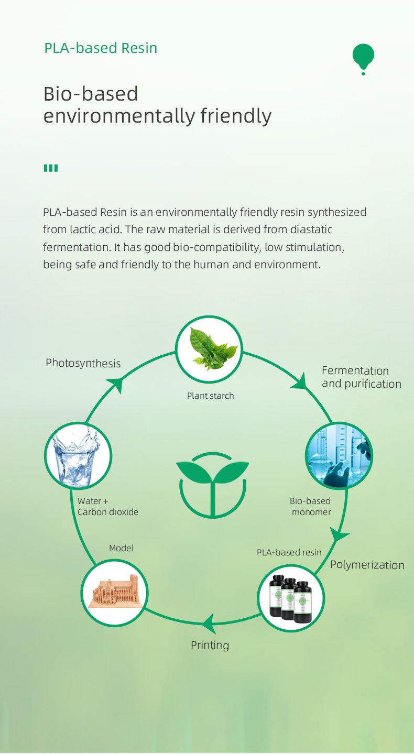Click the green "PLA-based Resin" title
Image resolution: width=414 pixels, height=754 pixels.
pyautogui.click(x=101, y=48)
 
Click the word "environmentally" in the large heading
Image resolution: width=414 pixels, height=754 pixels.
pyautogui.click(x=119, y=116)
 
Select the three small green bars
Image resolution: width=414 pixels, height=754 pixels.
pyautogui.click(x=51, y=168)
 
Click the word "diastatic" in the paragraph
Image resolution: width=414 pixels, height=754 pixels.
pyautogui.click(x=311, y=230)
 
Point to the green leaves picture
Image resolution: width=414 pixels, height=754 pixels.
pyautogui.click(x=209, y=349)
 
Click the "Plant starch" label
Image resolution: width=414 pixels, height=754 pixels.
pyautogui.click(x=210, y=396)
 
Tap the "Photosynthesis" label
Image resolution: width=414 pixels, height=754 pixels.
pyautogui.click(x=83, y=363)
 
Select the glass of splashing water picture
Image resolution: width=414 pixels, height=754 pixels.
pyautogui.click(x=78, y=455)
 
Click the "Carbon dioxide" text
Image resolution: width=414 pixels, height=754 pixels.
pyautogui.click(x=108, y=512)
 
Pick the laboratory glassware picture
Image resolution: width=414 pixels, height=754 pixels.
pyautogui.click(x=339, y=455)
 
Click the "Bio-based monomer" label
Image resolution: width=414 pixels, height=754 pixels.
pyautogui.click(x=310, y=506)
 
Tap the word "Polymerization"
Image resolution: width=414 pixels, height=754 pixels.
pyautogui.click(x=367, y=565)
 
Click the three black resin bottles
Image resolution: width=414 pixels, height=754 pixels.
pyautogui.click(x=291, y=598)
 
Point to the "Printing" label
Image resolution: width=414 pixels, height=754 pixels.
pyautogui.click(x=210, y=645)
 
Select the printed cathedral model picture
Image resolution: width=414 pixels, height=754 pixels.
pyautogui.click(x=115, y=593)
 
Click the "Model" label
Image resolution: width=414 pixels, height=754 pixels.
pyautogui.click(x=121, y=548)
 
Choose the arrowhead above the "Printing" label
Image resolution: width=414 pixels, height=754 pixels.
pyautogui.click(x=209, y=622)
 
